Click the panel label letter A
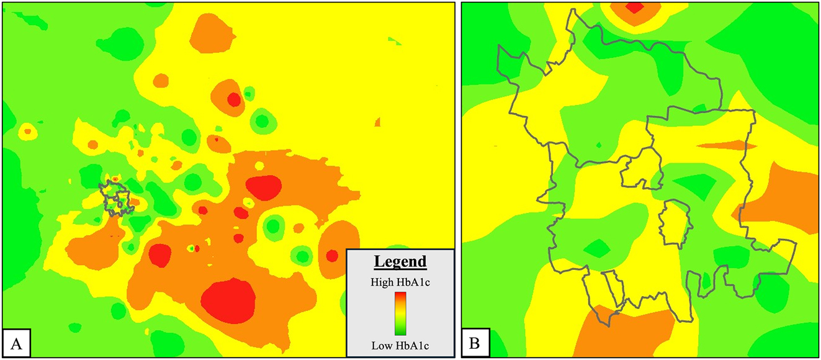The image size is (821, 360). [x=14, y=341]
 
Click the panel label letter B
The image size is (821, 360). [x=474, y=341]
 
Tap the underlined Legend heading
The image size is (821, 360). [x=400, y=261]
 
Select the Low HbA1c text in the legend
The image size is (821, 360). [x=400, y=344]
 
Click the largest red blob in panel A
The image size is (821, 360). [x=228, y=300]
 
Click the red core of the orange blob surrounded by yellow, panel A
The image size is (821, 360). [x=233, y=99]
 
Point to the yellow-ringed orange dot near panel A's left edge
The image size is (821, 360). [x=27, y=132]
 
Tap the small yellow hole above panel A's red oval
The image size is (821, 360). [x=259, y=166]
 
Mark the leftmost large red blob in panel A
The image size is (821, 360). [x=159, y=255]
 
